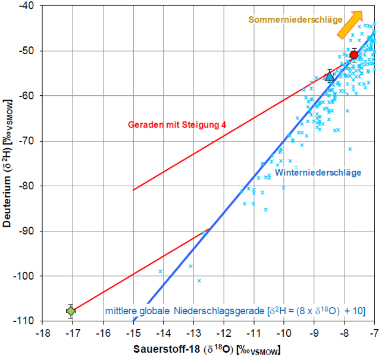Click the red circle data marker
354,55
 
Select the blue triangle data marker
330,76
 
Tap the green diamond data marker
71,311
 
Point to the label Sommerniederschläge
295,20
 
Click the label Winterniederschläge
318,173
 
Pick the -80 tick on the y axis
29,186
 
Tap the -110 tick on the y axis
27,321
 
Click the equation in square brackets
317,310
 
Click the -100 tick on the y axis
27,276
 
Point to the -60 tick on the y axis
29,96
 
